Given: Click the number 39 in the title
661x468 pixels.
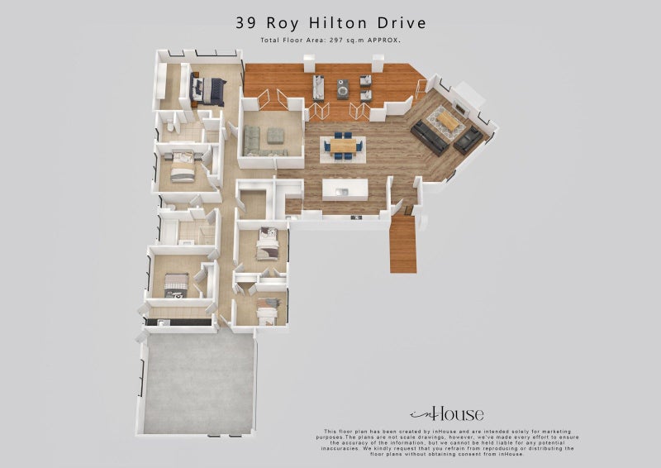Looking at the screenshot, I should click(x=245, y=22).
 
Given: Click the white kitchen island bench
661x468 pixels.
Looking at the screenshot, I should click(x=347, y=189).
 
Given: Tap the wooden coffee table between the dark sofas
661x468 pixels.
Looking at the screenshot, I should click(x=446, y=122).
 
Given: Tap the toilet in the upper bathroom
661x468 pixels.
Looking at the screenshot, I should click(x=168, y=127).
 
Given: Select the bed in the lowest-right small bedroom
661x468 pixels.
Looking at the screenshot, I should click(x=267, y=311).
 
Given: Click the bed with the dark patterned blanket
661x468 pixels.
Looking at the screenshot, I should click(x=177, y=285).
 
